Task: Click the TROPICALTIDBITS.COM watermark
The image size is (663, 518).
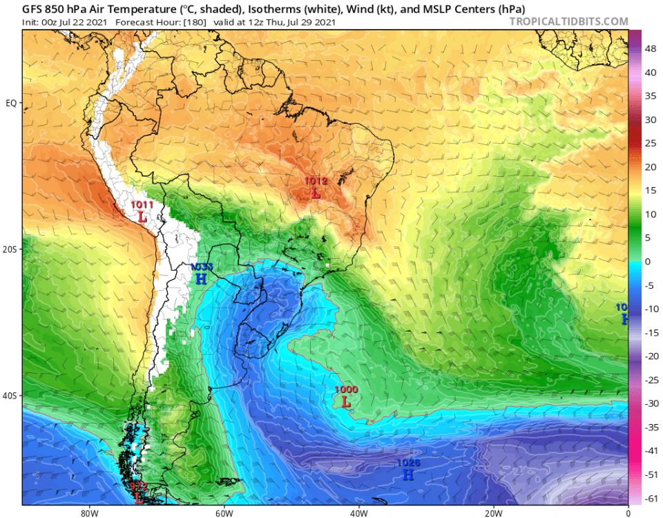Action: click(x=568, y=21)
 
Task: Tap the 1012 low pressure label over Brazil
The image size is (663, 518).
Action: click(x=316, y=181)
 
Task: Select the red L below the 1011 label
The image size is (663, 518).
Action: click(x=142, y=216)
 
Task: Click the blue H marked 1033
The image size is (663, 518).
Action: click(x=201, y=279)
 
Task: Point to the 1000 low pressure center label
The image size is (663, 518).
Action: click(x=346, y=390)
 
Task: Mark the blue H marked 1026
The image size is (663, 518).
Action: click(x=408, y=475)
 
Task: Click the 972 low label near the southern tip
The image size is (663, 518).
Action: click(x=138, y=487)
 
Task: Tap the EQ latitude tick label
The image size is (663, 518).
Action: click(x=11, y=103)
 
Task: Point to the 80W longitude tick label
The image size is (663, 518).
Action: click(x=88, y=512)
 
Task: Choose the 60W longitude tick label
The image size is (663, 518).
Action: click(x=223, y=512)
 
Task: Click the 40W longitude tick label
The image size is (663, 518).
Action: click(x=358, y=512)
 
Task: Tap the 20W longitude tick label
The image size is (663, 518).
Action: click(x=493, y=512)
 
